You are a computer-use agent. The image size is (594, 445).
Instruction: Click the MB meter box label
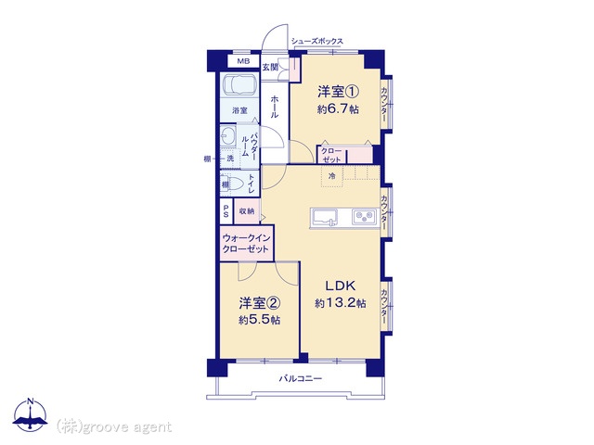pyautogui.click(x=243, y=61)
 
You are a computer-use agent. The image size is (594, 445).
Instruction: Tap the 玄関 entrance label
pyautogui.click(x=270, y=68)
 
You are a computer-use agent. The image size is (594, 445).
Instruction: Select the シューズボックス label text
pyautogui.click(x=317, y=41)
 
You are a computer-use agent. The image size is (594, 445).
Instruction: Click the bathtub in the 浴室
pyautogui.click(x=239, y=85)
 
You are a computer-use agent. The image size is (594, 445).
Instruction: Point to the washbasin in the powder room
pyautogui.click(x=227, y=135)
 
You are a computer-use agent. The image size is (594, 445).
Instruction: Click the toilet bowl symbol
pyautogui.click(x=234, y=184)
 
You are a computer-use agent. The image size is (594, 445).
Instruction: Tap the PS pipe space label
pyautogui.click(x=226, y=211)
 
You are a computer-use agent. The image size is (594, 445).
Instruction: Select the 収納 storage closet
pyautogui.click(x=247, y=211)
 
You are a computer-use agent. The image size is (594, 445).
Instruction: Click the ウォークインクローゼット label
pyautogui.click(x=246, y=243)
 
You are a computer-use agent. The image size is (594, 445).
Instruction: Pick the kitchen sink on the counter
pyautogui.click(x=326, y=218)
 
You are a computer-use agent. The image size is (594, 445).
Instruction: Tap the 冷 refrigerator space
pyautogui.click(x=332, y=176)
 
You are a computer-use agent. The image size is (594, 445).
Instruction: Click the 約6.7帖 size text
pyautogui.click(x=338, y=109)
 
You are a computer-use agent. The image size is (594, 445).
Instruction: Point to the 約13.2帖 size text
pyautogui.click(x=341, y=303)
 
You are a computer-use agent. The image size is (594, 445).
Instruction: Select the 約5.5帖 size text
pyautogui.click(x=260, y=320)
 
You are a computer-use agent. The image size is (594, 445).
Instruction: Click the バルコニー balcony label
pyautogui.click(x=301, y=378)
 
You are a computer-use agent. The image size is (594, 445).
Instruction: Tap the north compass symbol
pyautogui.click(x=31, y=414)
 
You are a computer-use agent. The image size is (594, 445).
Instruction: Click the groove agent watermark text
pyautogui.click(x=114, y=427)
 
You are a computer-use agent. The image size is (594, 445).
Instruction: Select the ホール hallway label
pyautogui.click(x=275, y=107)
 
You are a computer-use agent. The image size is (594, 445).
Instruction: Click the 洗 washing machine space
pyautogui.click(x=230, y=159)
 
